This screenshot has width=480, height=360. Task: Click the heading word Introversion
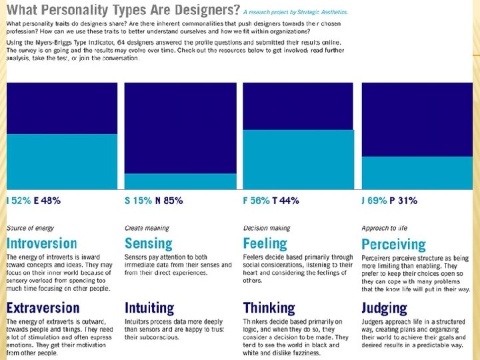41,244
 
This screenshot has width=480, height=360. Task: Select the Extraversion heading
43,308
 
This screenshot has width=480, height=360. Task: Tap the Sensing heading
148,244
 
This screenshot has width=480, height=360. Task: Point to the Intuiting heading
149,308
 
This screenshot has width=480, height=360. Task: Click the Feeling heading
265,244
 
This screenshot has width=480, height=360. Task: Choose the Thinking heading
269,308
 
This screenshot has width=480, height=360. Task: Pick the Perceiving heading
393,245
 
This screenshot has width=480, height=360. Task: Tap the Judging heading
384,309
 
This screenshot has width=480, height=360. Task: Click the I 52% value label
18,201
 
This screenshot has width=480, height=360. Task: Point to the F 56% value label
257,201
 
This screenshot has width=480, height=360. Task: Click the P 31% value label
404,201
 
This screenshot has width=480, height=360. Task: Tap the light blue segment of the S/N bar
180,181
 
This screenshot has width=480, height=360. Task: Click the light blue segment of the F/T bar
298,160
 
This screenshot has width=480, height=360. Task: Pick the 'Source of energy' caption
30,228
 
